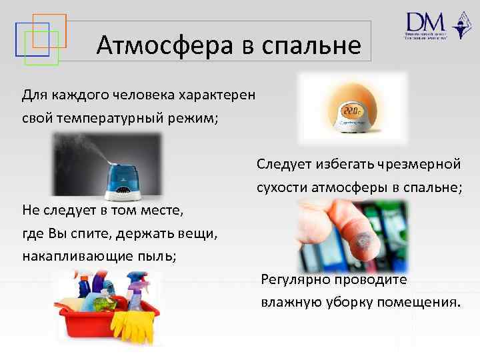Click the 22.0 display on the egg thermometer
[x=351, y=109]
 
